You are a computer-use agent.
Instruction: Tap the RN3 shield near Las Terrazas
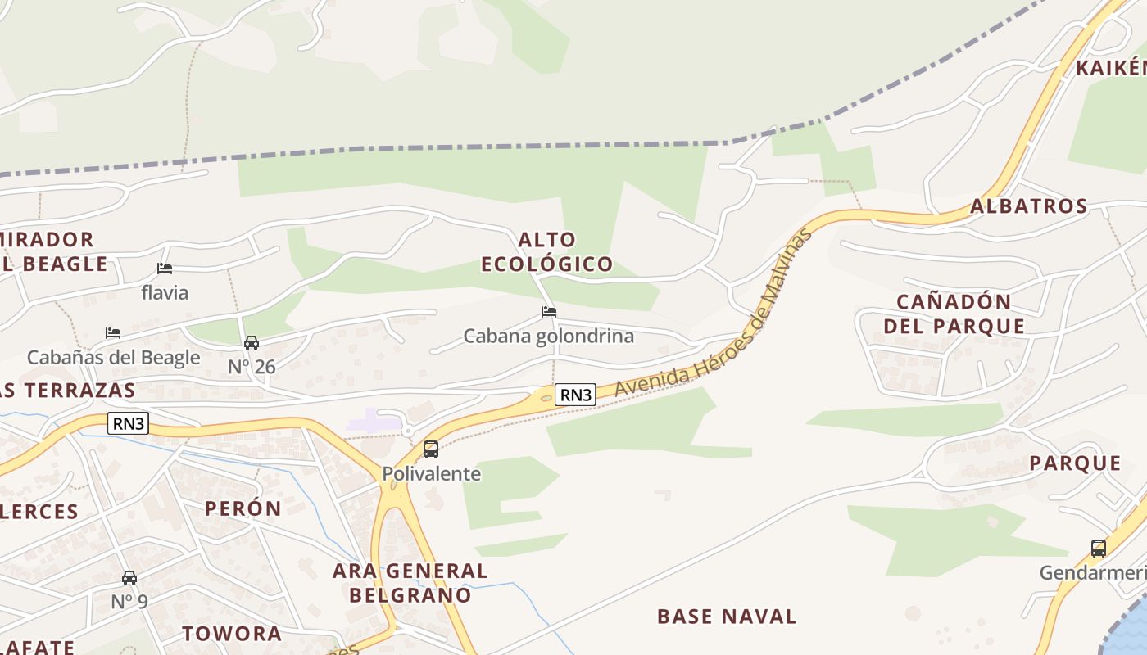coord(128,423)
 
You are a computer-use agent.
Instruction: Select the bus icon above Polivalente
coord(431,449)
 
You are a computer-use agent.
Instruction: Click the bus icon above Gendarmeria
coord(1099,549)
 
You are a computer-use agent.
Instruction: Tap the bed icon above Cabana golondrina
coord(549,312)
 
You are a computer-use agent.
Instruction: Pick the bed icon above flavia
coord(165,269)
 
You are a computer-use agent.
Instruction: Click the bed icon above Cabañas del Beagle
coord(113,333)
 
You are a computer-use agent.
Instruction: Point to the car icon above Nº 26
coord(252,343)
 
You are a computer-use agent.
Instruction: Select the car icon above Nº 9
coord(129,578)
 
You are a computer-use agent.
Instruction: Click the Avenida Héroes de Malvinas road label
coord(713,313)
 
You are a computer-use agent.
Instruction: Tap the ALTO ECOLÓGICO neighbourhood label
coord(546,252)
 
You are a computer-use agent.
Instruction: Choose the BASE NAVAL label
coord(727,617)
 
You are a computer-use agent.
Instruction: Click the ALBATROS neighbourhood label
coord(1029,206)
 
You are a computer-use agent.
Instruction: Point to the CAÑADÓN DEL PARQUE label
coord(954,314)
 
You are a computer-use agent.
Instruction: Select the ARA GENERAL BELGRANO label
coord(410,583)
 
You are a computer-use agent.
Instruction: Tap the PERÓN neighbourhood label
coord(243,508)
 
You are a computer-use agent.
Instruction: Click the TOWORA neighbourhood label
coord(232,634)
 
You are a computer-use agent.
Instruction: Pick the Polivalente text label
coord(431,474)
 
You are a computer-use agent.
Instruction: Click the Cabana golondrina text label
coord(549,337)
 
